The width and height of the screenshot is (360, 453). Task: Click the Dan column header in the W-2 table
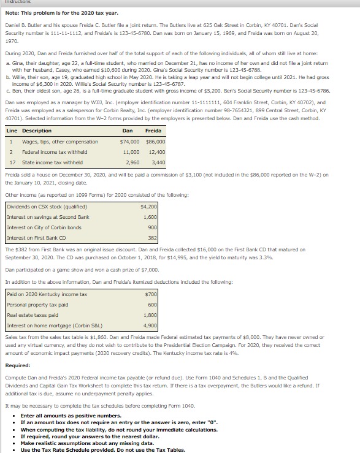pos(128,131)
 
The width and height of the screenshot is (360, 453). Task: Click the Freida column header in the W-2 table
pos(153,131)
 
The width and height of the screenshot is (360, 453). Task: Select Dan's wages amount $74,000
pos(129,142)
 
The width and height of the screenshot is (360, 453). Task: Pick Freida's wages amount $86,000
pos(155,142)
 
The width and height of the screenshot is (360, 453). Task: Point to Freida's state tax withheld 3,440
pos(158,162)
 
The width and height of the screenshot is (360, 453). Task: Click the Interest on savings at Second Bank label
pos(48,217)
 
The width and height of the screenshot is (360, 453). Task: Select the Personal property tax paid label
pos(37,305)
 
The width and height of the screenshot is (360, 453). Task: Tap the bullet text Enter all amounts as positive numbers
pos(67,416)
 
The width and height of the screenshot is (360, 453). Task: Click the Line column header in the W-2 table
pos(12,131)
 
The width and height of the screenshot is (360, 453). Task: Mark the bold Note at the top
pos(10,13)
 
